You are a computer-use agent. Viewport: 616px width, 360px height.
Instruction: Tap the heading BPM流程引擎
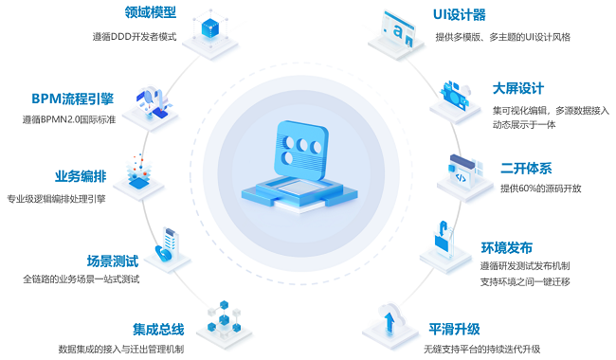[x=74, y=99]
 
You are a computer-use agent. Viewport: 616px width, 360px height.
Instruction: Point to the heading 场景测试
[x=112, y=260]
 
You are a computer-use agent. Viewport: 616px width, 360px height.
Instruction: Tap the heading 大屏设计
[x=517, y=89]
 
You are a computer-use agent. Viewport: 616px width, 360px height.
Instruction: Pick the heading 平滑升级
[x=454, y=329]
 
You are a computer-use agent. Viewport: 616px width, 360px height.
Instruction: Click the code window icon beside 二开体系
[x=465, y=172]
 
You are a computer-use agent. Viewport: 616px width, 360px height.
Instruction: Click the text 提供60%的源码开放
[x=541, y=188]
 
